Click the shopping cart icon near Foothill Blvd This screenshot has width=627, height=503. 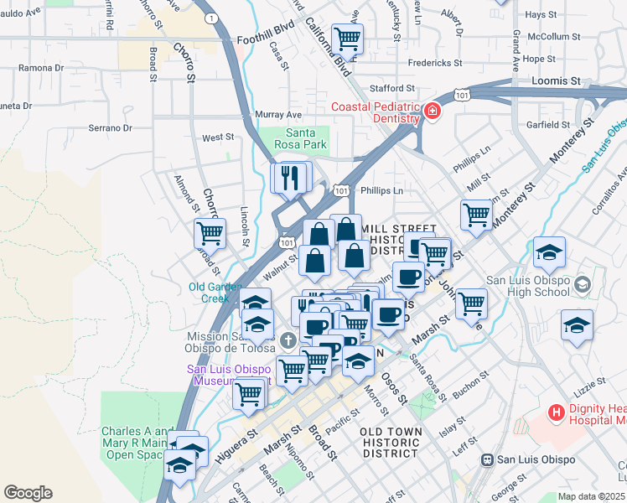point(346,39)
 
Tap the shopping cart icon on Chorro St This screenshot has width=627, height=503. point(209,233)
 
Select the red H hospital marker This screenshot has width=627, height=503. point(555,412)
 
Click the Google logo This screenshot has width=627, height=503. point(28,493)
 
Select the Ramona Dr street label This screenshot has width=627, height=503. point(35,67)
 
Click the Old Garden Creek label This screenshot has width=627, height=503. point(209,293)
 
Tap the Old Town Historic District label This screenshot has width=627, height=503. point(389,442)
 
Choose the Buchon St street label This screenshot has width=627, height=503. point(469,386)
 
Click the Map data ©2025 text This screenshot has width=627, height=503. point(592,496)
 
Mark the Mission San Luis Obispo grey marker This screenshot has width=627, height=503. point(288,340)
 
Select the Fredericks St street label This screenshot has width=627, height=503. point(434,63)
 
